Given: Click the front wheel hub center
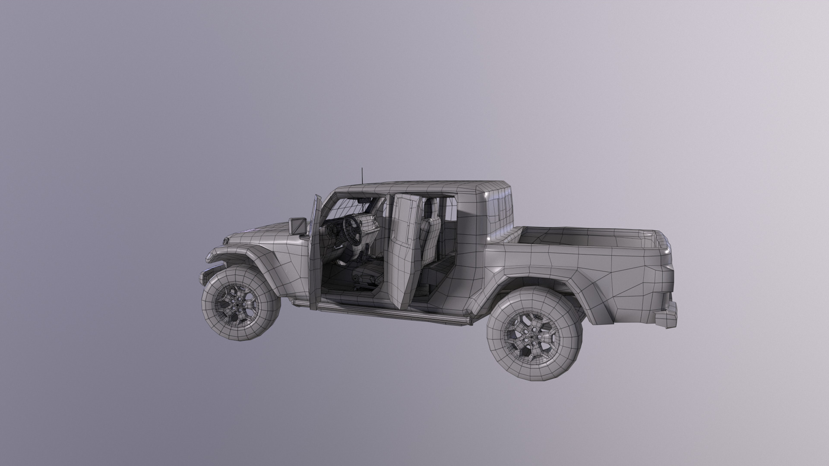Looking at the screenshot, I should [x=237, y=304].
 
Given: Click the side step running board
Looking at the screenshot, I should [x=389, y=313].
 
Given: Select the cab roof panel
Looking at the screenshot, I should [x=414, y=188].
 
